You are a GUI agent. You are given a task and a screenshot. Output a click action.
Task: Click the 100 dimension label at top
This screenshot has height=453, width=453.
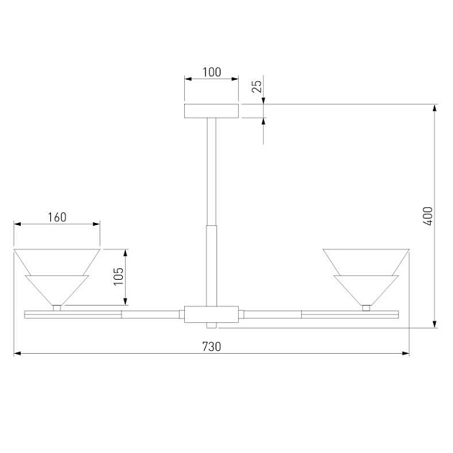coord(211,73)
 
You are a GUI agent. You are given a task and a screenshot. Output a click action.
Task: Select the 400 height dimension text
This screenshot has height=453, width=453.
coord(428,216)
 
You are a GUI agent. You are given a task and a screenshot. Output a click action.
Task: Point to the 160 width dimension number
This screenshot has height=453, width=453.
coord(57,217)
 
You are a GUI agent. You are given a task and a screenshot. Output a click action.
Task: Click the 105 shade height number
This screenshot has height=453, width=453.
coord(119,275)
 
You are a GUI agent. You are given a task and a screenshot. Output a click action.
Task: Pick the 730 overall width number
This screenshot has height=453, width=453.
coord(211,346)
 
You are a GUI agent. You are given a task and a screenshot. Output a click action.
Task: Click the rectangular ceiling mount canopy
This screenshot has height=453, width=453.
coord(211,111)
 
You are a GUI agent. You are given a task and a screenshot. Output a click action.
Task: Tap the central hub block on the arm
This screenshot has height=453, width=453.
coord(211,314)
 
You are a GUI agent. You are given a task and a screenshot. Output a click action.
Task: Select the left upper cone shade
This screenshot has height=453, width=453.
coord(57,261)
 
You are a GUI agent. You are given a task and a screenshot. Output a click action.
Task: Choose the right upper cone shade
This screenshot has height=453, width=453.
coord(366,261)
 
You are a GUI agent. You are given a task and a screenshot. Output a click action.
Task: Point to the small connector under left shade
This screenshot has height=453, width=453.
coord(57,308)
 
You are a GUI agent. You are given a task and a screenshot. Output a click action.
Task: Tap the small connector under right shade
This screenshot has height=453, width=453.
coord(366,308)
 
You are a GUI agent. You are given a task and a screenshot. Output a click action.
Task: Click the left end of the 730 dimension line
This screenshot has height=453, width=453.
coord(16,354)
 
